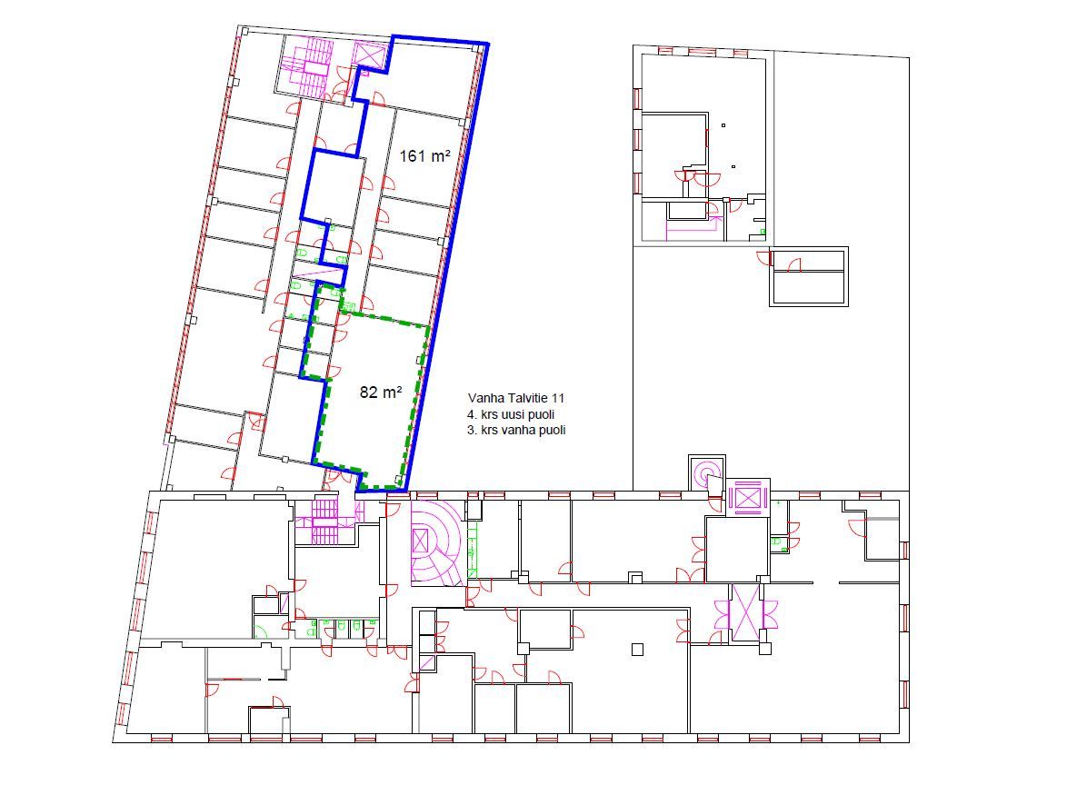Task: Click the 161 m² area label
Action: point(424,156)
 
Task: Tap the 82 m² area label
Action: point(381,392)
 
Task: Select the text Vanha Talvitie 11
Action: point(516,398)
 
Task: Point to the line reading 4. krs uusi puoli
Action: point(511,414)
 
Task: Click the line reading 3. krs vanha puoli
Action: point(516,430)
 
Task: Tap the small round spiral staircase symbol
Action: point(706,472)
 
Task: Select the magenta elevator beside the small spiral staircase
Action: point(746,497)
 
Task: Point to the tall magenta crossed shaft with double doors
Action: point(745,612)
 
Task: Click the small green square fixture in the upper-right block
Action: point(763,233)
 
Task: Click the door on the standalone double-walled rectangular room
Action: point(795,265)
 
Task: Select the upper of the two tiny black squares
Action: point(723,125)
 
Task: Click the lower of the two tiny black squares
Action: point(733,166)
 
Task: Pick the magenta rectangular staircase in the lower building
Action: point(324,522)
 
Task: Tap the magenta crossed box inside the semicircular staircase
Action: point(422,542)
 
